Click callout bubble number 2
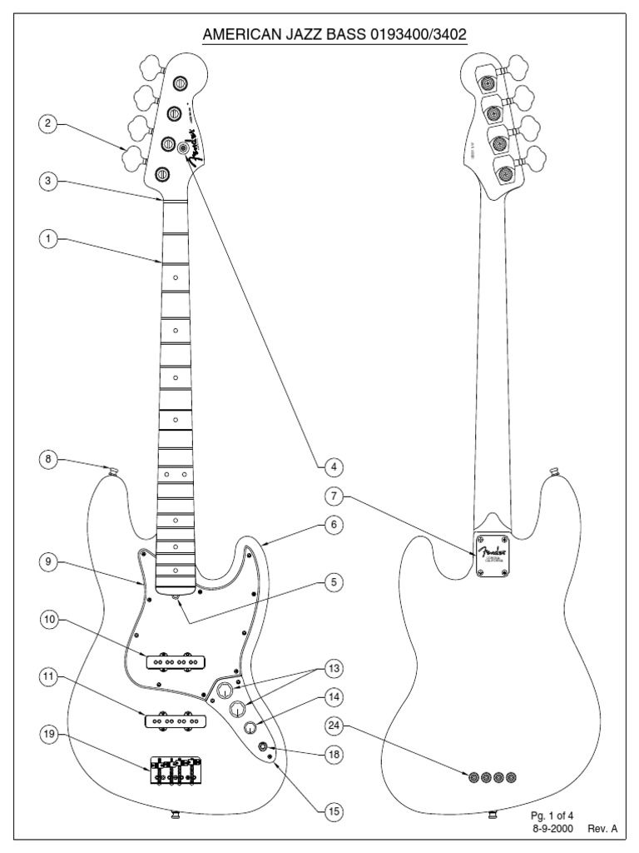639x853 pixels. pos(49,125)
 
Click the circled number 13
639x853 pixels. pos(334,668)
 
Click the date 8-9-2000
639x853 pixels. pos(551,829)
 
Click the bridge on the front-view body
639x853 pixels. pos(176,770)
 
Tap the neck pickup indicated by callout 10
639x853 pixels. pos(175,661)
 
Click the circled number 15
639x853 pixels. pos(334,809)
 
